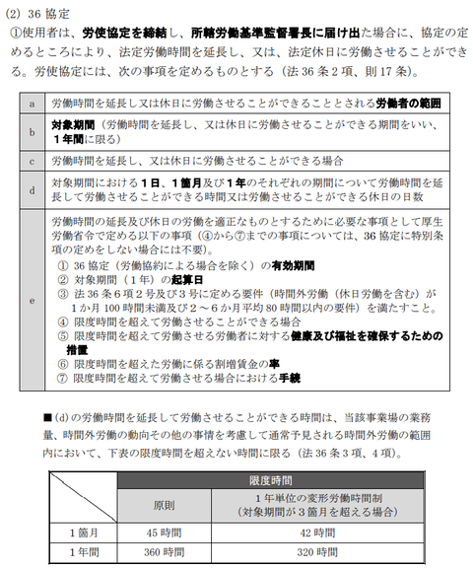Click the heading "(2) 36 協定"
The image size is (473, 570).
[x=37, y=12]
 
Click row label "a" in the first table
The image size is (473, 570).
[x=33, y=103]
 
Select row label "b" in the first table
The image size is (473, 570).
[x=33, y=131]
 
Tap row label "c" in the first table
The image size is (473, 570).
[x=33, y=160]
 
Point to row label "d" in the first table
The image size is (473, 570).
[x=33, y=188]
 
